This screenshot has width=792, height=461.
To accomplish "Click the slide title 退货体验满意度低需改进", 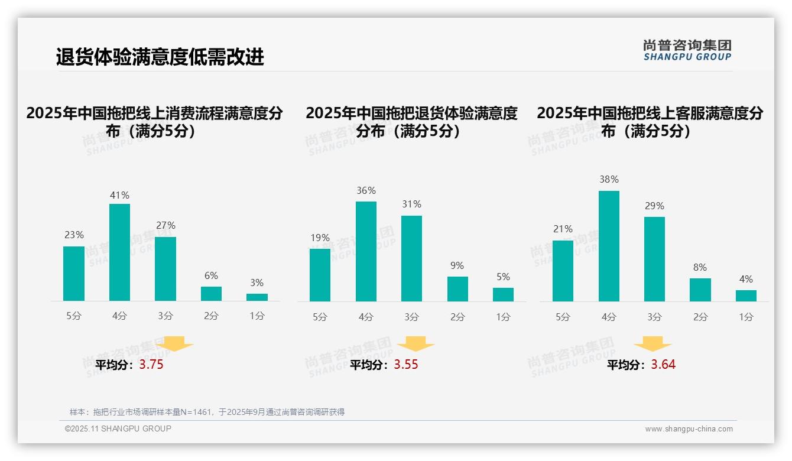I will pyautogui.click(x=160, y=57).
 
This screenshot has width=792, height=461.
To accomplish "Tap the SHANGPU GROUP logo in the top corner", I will pyautogui.click(x=687, y=50).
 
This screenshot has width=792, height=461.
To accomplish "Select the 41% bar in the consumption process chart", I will pyautogui.click(x=119, y=252).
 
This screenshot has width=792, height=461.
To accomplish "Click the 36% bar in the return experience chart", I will pyautogui.click(x=366, y=251).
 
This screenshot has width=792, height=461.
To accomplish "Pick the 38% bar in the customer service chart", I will pyautogui.click(x=609, y=246).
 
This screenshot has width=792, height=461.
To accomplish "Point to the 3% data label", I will pyautogui.click(x=257, y=283).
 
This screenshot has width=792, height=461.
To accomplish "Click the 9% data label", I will pyautogui.click(x=457, y=265).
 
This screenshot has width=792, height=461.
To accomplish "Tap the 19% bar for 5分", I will pyautogui.click(x=320, y=275).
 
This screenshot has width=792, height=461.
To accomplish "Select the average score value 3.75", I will pyautogui.click(x=151, y=365).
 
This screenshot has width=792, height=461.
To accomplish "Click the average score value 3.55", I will pyautogui.click(x=406, y=365).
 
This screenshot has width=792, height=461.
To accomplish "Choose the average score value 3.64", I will pyautogui.click(x=663, y=365).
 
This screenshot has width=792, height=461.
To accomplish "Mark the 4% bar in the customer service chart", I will pyautogui.click(x=746, y=296).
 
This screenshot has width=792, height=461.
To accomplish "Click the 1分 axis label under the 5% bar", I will pyautogui.click(x=503, y=317).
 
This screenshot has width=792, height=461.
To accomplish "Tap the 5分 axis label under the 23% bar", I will pyautogui.click(x=74, y=316).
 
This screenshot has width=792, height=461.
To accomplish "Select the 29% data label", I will pyautogui.click(x=654, y=206).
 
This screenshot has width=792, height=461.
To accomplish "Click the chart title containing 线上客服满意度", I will pyautogui.click(x=650, y=122).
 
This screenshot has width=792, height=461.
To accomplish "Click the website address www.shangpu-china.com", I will pyautogui.click(x=689, y=429).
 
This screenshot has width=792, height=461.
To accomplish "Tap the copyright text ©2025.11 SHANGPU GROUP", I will pyautogui.click(x=118, y=428).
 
